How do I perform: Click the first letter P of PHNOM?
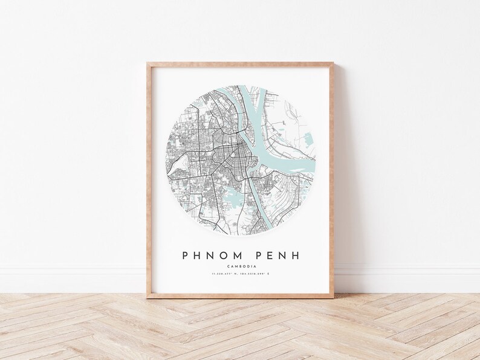185,255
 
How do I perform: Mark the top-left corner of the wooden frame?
147,60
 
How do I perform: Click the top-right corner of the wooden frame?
334,60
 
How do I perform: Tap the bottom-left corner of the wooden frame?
147,297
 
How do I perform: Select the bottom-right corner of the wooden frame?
334,297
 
